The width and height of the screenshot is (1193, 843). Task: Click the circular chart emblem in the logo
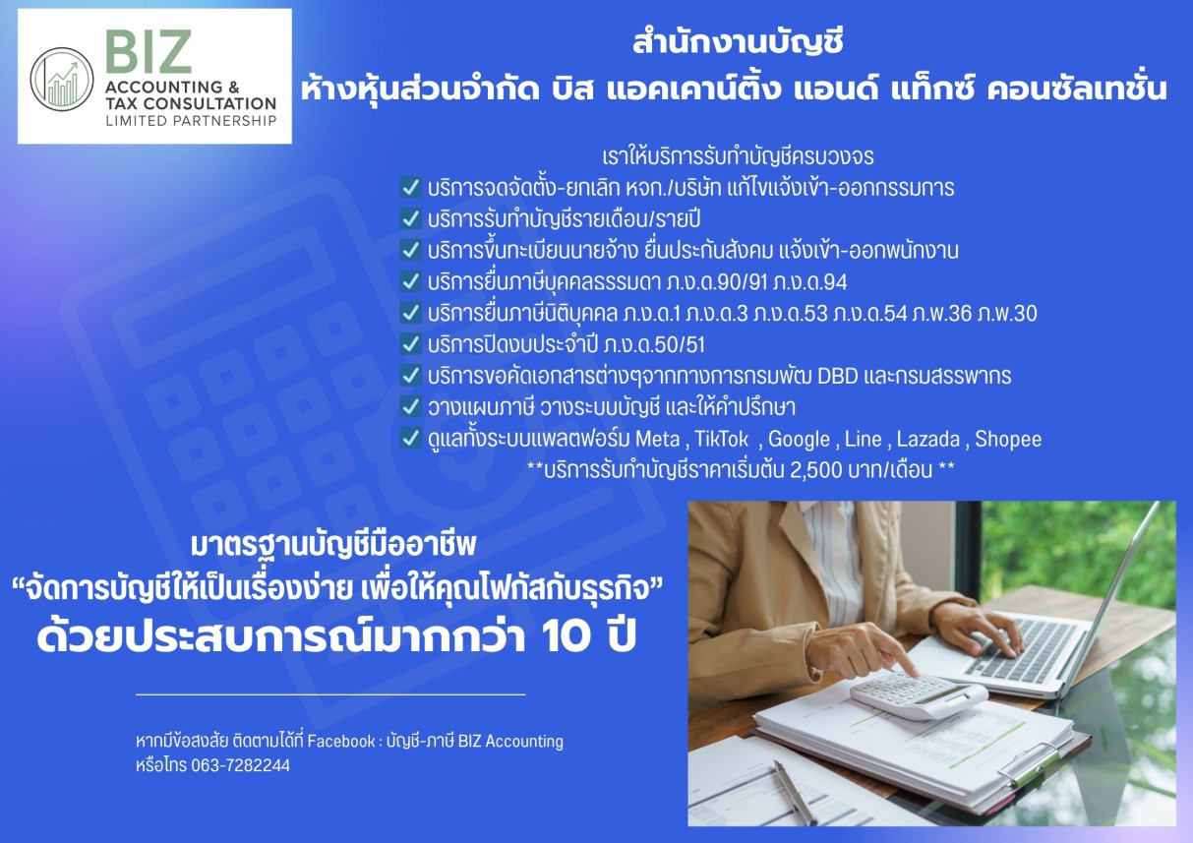pyautogui.click(x=62, y=79)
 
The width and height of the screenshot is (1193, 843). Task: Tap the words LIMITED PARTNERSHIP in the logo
pyautogui.click(x=190, y=121)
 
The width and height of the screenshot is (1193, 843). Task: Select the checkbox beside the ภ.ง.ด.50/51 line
pyautogui.click(x=410, y=344)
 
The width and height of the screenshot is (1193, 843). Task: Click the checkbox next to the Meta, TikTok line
pyautogui.click(x=410, y=439)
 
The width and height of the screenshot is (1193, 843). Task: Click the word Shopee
pyautogui.click(x=1008, y=439)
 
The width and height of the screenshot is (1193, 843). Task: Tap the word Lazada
pyautogui.click(x=927, y=439)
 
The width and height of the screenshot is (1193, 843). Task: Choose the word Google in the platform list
pyautogui.click(x=799, y=439)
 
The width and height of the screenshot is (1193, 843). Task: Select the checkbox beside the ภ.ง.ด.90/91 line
pyautogui.click(x=410, y=281)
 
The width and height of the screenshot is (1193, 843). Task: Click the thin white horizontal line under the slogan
pyautogui.click(x=330, y=695)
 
